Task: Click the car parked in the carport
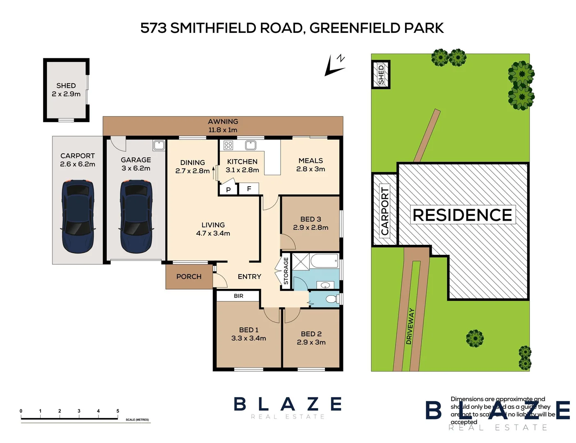click(x=78, y=216)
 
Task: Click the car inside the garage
click(x=136, y=216)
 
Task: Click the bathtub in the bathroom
click(x=324, y=261)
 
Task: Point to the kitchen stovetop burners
click(x=229, y=145)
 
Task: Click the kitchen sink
click(x=250, y=145)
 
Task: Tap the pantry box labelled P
click(x=228, y=190)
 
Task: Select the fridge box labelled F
click(x=249, y=189)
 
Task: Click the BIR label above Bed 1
click(x=238, y=296)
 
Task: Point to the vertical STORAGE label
click(x=286, y=271)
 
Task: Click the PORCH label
click(x=189, y=277)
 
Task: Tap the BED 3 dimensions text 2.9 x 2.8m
click(x=311, y=228)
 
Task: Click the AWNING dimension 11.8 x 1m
click(x=223, y=130)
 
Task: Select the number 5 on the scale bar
click(x=118, y=411)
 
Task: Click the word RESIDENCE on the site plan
click(x=462, y=215)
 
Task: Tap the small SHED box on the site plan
click(x=381, y=75)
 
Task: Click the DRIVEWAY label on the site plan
click(x=410, y=327)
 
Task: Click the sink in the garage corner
click(x=159, y=145)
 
